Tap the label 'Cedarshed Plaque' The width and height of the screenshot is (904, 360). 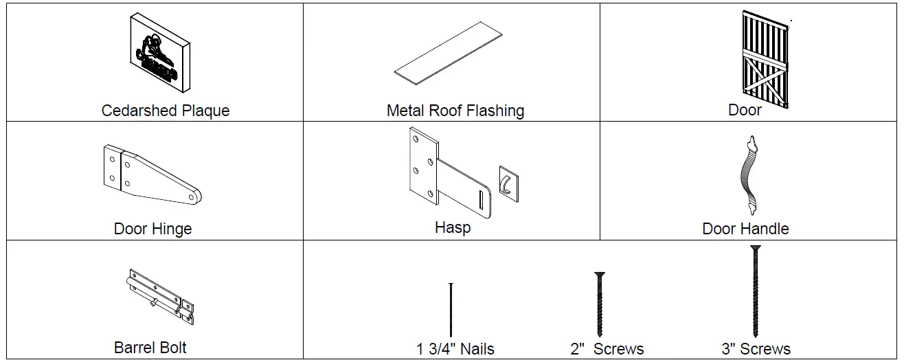pyautogui.click(x=166, y=111)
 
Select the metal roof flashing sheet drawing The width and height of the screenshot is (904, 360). pyautogui.click(x=448, y=55)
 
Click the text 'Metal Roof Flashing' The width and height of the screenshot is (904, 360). pyautogui.click(x=455, y=111)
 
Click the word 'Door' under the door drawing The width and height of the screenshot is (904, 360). pyautogui.click(x=745, y=110)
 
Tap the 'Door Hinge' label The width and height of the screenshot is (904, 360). pyautogui.click(x=152, y=229)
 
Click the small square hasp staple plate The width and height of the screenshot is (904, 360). pyautogui.click(x=508, y=183)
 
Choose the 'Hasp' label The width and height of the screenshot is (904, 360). pyautogui.click(x=453, y=227)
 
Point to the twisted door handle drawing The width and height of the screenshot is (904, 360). pyautogui.click(x=748, y=175)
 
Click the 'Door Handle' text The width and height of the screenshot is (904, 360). pyautogui.click(x=745, y=229)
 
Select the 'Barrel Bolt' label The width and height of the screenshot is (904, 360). pyautogui.click(x=150, y=348)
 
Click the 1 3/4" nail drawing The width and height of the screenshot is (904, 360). pyautogui.click(x=451, y=309)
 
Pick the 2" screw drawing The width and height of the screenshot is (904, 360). pyautogui.click(x=599, y=304)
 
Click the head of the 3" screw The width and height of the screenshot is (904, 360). pyautogui.click(x=756, y=248)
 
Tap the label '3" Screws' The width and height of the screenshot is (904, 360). pyautogui.click(x=756, y=349)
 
